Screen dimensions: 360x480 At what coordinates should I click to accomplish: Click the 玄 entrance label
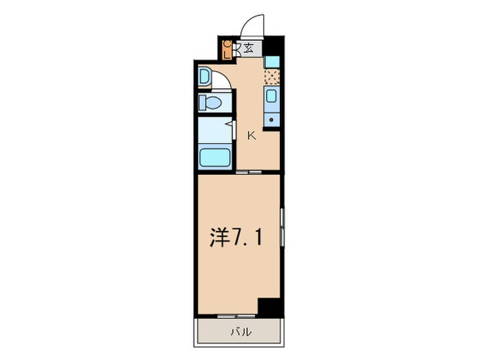click(x=248, y=49)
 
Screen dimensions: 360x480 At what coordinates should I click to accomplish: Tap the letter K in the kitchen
click(x=251, y=135)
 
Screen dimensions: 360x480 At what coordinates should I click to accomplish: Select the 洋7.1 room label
click(x=234, y=238)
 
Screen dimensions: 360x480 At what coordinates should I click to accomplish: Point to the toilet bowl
click(x=210, y=104)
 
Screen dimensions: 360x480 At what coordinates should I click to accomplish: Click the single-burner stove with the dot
click(x=272, y=119)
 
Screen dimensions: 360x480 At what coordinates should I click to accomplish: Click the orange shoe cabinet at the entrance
click(x=228, y=50)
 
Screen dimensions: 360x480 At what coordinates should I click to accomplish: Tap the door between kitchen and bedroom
click(x=249, y=172)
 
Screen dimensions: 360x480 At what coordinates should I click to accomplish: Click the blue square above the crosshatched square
click(x=272, y=62)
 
